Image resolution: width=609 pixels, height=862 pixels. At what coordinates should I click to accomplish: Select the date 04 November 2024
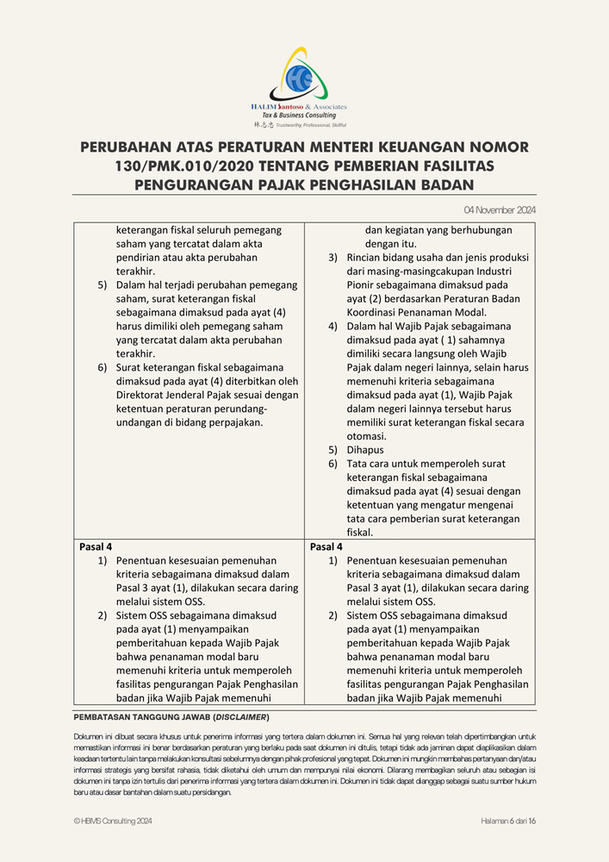click(500, 209)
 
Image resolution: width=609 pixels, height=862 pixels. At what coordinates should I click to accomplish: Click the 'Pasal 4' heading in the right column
click(326, 547)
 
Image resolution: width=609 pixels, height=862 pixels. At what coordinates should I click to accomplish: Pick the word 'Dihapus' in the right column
click(365, 450)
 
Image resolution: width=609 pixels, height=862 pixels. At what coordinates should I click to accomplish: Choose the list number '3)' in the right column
click(333, 257)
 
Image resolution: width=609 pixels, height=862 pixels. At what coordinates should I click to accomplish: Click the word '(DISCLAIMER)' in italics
click(242, 717)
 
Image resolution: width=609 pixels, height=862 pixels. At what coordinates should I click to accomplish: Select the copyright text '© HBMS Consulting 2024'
click(113, 821)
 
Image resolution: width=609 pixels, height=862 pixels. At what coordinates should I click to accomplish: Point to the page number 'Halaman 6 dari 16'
click(508, 821)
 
